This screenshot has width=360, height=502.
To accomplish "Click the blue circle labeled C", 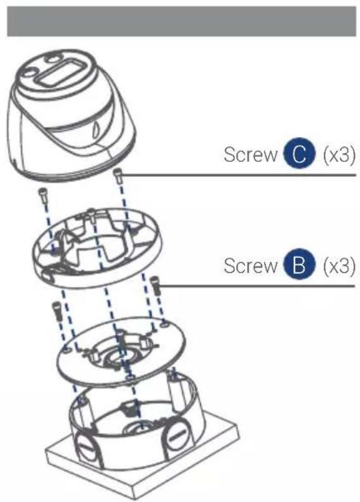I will point(296,155).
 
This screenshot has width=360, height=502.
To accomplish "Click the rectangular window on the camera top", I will point(60,79).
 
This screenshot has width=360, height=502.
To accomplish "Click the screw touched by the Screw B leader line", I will point(155,287).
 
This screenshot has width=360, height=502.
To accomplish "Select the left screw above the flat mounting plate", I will point(56,311).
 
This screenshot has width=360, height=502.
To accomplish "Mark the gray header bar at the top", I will point(180,21).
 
